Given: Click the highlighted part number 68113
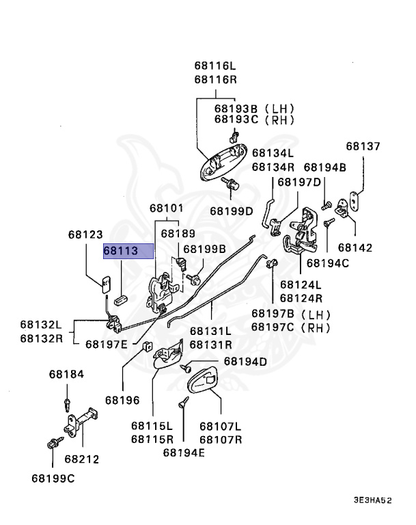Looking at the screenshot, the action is (x=121, y=251).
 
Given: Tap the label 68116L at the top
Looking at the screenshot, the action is (x=215, y=66).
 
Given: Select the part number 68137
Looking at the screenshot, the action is (x=363, y=146).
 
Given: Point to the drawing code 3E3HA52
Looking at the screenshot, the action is (x=372, y=500).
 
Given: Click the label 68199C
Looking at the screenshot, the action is (x=53, y=479).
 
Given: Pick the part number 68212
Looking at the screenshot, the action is (x=82, y=459).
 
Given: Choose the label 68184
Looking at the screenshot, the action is (x=66, y=374).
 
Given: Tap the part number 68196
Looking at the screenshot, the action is (x=122, y=400).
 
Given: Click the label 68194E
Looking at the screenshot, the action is (x=184, y=453).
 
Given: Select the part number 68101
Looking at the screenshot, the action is (x=167, y=208).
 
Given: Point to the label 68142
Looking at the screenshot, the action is (x=355, y=247).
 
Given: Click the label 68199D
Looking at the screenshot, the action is (x=232, y=211).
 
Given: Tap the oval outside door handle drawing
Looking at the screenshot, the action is (x=223, y=163).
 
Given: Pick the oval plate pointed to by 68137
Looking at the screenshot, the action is (x=353, y=201).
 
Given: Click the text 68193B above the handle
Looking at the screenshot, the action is (x=236, y=109).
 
